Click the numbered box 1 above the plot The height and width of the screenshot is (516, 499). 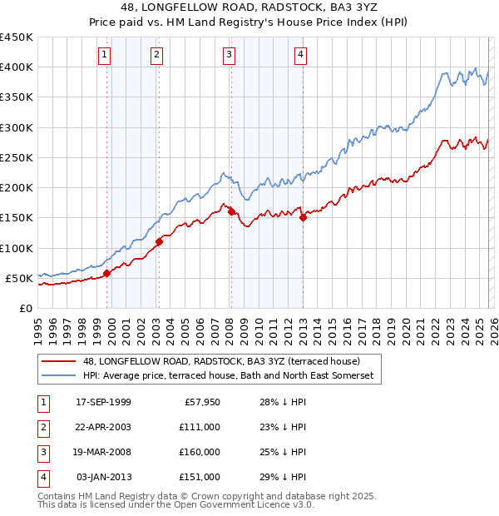[105, 56]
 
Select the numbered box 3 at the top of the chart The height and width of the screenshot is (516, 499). [229, 56]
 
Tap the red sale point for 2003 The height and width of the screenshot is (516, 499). [159, 241]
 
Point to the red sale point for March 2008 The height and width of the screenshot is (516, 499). [231, 211]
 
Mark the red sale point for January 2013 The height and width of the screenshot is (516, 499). [303, 217]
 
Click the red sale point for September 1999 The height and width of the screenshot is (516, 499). [106, 273]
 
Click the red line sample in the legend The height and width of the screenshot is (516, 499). [59, 362]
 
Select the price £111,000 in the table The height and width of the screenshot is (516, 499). [200, 428]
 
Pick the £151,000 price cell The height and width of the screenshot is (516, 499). [200, 478]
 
